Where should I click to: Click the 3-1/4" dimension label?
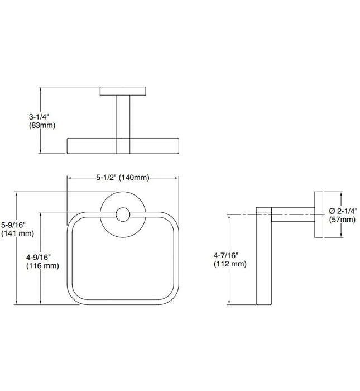(40, 117)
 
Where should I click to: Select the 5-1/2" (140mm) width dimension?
(122, 178)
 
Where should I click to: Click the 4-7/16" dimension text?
(229, 255)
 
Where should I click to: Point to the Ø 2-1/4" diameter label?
(343, 211)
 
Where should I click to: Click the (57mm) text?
(342, 220)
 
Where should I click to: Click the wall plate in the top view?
(123, 90)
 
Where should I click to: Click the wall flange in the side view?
(319, 216)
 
